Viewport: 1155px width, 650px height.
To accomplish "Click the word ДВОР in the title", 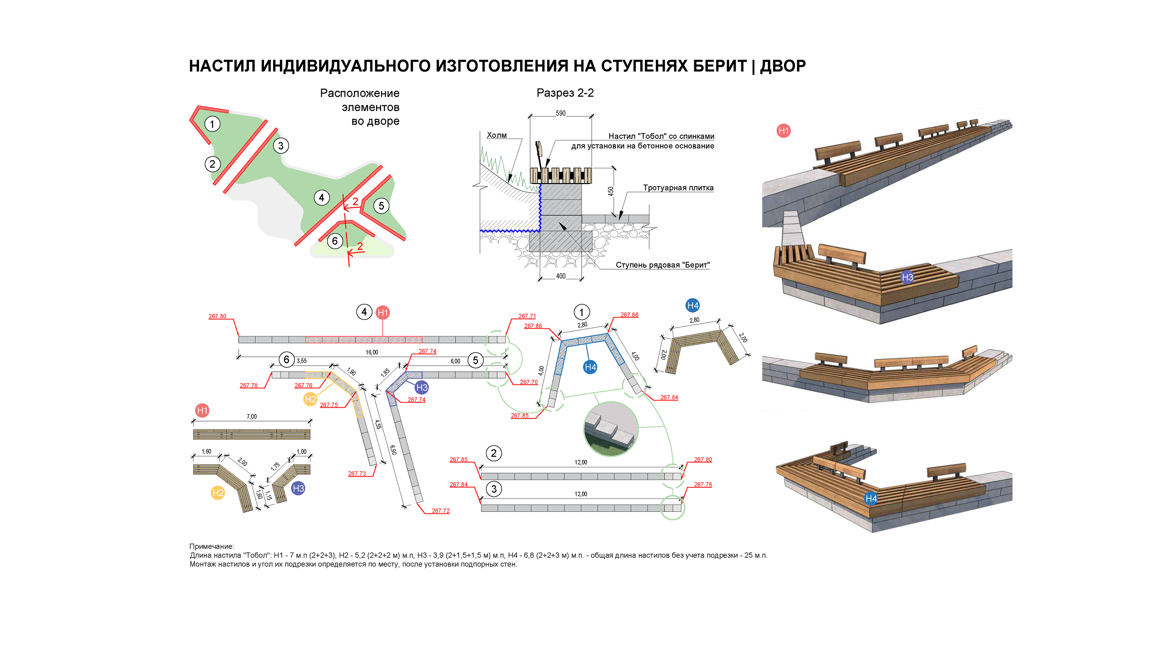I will tap(783, 66).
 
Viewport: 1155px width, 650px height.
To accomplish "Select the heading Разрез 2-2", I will tap(565, 93).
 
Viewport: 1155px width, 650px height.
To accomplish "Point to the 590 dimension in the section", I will tap(561, 113).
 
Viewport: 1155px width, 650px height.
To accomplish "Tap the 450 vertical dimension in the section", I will tap(611, 191).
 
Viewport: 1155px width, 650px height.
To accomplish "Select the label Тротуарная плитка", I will tap(678, 188).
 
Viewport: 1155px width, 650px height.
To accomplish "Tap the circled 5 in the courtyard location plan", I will tap(381, 206).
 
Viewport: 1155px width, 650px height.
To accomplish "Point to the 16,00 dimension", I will tap(372, 352).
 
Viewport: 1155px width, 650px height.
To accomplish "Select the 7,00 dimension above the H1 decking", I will tap(252, 416).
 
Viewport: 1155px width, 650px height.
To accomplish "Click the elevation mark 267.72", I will tap(440, 511).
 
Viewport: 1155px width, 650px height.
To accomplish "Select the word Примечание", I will tap(211, 546).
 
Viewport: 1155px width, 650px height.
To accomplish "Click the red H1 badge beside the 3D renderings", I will tap(783, 131).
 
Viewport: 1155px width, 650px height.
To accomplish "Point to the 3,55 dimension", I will tap(301, 361).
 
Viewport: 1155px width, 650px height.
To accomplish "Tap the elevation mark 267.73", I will tap(357, 473).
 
